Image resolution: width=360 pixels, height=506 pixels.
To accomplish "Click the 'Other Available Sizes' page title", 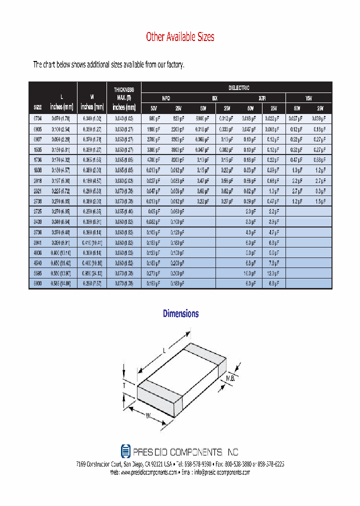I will pos(180,37).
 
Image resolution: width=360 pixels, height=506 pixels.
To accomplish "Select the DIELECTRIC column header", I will pos(238,88).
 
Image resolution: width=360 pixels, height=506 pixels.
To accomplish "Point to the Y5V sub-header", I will pos(308,98).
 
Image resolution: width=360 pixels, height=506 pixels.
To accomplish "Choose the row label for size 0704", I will pos(38,118).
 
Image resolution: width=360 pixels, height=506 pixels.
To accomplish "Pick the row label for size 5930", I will pos(38,283).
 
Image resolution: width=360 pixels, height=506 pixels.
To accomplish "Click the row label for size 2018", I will pos(38,180).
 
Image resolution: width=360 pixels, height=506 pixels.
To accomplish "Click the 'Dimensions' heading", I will pos(180,313).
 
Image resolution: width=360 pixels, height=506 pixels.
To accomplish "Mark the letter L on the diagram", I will pos(164,352).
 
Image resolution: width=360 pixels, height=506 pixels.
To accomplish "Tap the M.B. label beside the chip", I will pos(230,378).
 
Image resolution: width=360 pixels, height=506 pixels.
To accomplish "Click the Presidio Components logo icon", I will pos(125,451).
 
